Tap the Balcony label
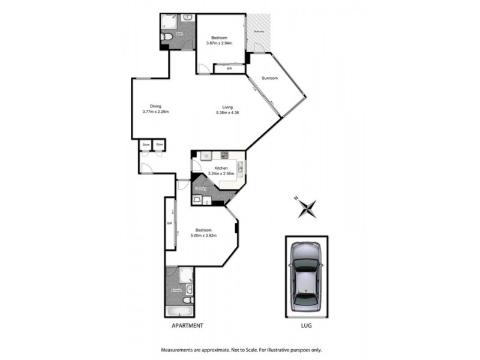pos(259,31)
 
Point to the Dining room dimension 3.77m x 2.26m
pos(155,112)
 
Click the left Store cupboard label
pos(146,144)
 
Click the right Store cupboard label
pos(160,144)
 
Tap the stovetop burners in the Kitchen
pos(223,155)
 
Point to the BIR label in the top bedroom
pos(229,68)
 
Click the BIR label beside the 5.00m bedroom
pos(170,226)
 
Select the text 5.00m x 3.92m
pos(203,235)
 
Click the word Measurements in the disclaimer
pos(176,350)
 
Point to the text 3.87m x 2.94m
pos(220,43)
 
